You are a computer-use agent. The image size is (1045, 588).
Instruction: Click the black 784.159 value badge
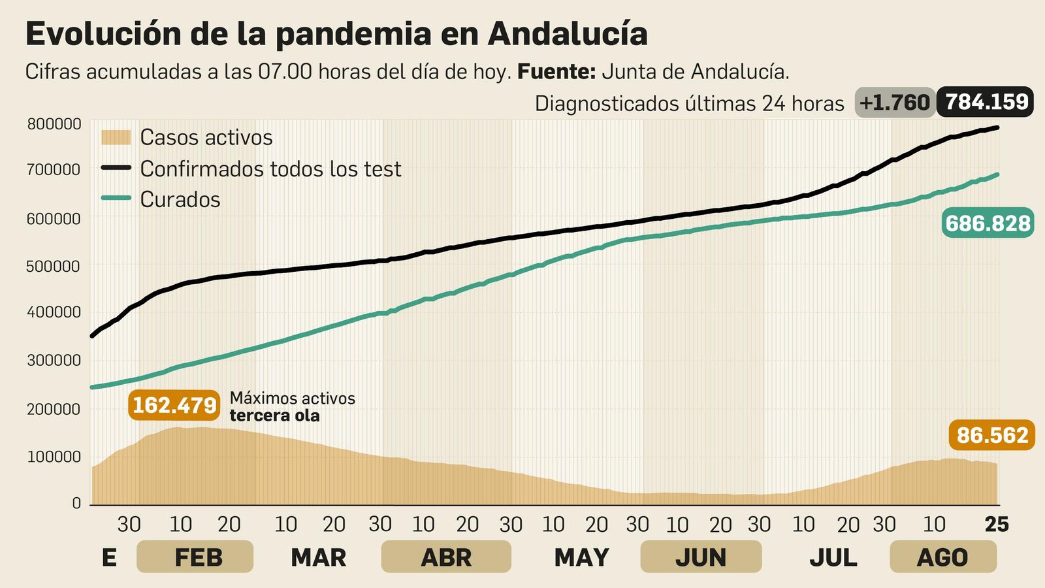click(x=985, y=102)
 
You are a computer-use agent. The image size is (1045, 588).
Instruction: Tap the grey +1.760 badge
click(x=894, y=103)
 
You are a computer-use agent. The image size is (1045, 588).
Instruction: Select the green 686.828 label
click(x=988, y=223)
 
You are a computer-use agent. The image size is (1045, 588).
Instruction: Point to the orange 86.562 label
click(x=992, y=435)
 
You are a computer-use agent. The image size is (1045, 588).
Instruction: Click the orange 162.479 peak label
click(x=174, y=405)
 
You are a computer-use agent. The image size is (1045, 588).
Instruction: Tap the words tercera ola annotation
click(x=274, y=416)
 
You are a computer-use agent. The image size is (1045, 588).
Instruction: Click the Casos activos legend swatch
click(x=116, y=137)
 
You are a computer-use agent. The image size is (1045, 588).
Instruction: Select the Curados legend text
click(x=180, y=199)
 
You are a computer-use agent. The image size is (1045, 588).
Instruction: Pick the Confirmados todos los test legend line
click(x=116, y=168)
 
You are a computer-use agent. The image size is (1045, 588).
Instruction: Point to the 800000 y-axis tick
click(x=54, y=124)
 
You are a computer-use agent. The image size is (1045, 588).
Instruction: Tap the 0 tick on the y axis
click(x=77, y=503)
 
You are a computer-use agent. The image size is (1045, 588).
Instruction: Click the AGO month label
click(x=942, y=557)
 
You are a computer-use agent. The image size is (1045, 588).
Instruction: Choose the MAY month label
click(x=581, y=557)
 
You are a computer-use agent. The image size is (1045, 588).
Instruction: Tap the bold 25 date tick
click(x=997, y=524)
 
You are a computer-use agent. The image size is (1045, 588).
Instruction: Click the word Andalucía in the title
click(x=568, y=34)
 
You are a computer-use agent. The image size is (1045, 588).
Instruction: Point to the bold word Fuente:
click(x=556, y=71)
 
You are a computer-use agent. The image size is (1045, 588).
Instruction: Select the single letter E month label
click(x=109, y=557)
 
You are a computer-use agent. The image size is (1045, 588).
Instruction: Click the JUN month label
click(x=701, y=557)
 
